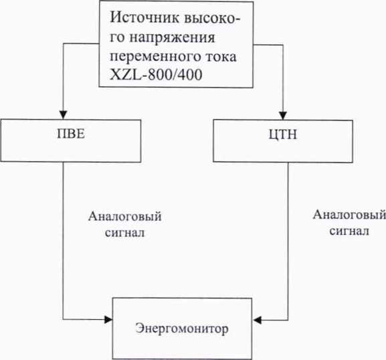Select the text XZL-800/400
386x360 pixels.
156,75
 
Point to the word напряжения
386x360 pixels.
172,38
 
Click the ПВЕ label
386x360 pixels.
71,134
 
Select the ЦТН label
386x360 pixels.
282,134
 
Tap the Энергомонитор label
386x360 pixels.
182,329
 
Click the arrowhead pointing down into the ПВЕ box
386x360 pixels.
64,115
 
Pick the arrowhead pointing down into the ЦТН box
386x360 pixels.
283,116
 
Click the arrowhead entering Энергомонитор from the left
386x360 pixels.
108,320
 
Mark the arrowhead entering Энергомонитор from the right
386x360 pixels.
257,320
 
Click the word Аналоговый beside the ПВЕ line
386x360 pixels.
125,217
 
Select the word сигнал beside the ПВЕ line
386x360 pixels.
124,233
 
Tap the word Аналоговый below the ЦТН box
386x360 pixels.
349,215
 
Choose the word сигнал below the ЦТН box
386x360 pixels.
349,231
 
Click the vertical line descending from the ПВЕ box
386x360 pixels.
63,241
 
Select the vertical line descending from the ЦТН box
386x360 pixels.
288,242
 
